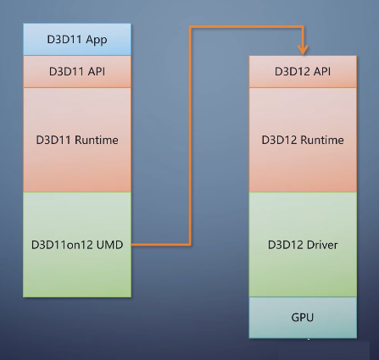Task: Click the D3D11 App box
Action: [x=77, y=39]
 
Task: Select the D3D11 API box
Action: [x=77, y=71]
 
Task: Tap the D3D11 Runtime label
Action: [x=77, y=140]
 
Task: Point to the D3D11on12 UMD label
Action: [x=77, y=245]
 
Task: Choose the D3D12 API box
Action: [x=303, y=71]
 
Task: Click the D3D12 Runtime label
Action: [x=303, y=140]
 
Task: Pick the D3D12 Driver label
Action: [x=303, y=245]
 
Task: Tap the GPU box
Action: [x=303, y=318]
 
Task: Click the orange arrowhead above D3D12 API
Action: [x=303, y=50]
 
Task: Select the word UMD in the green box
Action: [x=109, y=245]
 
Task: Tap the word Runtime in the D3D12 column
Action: [x=322, y=140]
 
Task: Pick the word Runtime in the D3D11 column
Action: [x=97, y=140]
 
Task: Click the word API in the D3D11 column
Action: [x=97, y=71]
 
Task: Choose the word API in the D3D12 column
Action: [x=322, y=71]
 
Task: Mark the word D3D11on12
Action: [x=63, y=245]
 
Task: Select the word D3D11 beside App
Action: [x=65, y=39]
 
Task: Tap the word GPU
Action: [x=303, y=318]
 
